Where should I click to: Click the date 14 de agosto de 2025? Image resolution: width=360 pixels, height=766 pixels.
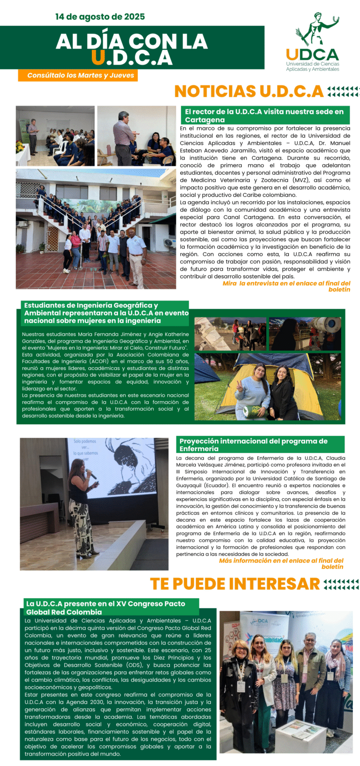point(100,17)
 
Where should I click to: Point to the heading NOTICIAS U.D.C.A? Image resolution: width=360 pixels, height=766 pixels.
point(248,91)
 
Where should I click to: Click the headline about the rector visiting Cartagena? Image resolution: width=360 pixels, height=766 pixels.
point(264,115)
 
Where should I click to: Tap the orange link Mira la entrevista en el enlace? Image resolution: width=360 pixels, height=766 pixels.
point(286,286)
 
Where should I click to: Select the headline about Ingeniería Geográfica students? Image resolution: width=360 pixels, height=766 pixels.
point(106,313)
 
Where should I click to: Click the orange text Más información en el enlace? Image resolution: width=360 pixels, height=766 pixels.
point(281,563)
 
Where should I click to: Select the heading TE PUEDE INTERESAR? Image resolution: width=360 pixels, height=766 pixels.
point(235,584)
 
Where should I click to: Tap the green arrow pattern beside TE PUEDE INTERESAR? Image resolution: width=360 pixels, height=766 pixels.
point(341,584)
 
